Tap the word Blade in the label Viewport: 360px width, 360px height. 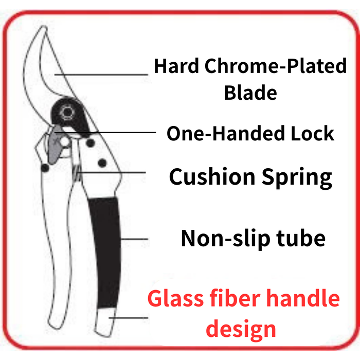(x=250, y=93)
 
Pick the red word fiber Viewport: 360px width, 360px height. (x=227, y=298)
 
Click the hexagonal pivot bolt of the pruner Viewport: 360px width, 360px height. (x=67, y=112)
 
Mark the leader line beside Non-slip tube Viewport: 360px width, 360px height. (x=134, y=239)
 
